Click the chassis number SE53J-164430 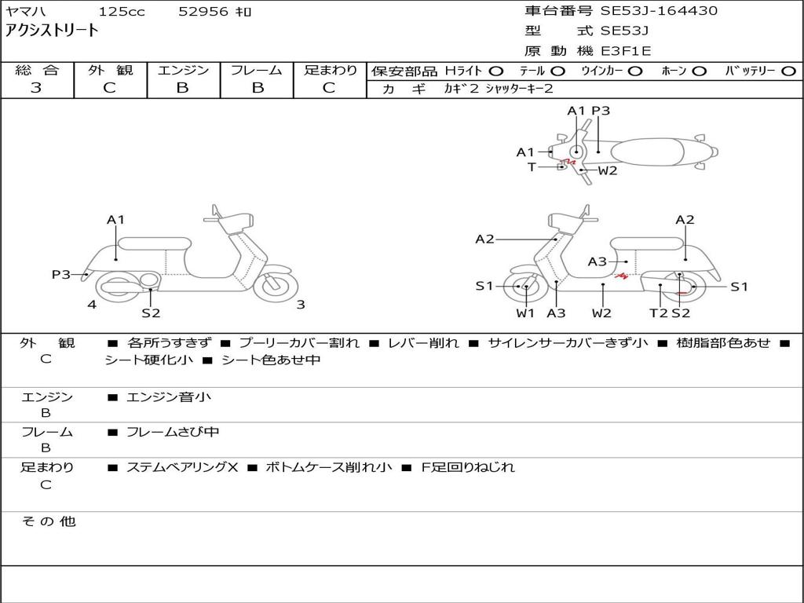pos(659,11)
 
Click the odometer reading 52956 pos(203,11)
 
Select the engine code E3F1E pos(626,51)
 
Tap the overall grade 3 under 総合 pos(36,88)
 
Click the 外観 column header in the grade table pos(110,70)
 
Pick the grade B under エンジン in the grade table pos(182,88)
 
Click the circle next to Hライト pos(496,71)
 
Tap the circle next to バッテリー pos(788,71)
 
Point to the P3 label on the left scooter pos(61,274)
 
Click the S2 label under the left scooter pos(151,312)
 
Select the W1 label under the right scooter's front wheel pos(525,312)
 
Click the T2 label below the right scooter pos(659,312)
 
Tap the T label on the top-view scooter pos(532,167)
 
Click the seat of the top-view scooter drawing pos(647,152)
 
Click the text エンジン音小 pos(169,397)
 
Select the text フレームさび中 pos(173,432)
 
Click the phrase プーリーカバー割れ pos(299,342)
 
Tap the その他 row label pos(49,521)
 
